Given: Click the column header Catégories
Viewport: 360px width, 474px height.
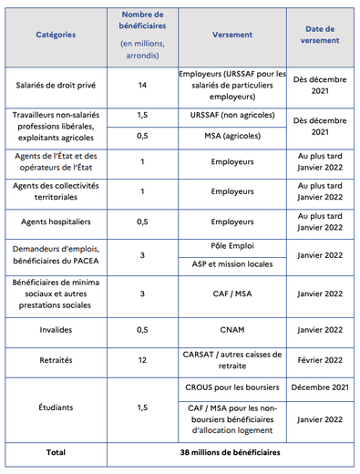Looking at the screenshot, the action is click(x=56, y=35).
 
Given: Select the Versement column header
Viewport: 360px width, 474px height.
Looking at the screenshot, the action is click(x=232, y=35).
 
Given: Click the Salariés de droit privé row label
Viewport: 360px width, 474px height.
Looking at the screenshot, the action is click(x=56, y=85).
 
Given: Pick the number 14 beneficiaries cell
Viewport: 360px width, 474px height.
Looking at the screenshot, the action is click(x=142, y=85).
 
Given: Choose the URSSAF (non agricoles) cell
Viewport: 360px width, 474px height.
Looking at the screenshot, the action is click(x=232, y=116).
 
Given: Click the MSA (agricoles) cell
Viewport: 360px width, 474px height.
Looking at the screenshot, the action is click(x=232, y=136).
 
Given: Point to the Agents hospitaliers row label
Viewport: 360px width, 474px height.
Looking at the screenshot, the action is click(x=56, y=221).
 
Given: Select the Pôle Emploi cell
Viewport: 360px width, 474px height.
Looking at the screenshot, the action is click(x=232, y=245).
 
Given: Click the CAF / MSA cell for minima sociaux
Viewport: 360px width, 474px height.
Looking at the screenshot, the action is click(x=232, y=294).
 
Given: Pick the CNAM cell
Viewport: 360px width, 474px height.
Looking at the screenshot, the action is click(x=232, y=329).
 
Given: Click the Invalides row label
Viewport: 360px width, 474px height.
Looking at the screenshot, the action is click(x=56, y=329).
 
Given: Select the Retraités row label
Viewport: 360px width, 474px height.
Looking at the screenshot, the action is click(x=56, y=360).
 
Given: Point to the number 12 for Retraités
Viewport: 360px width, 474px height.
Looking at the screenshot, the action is click(x=142, y=360).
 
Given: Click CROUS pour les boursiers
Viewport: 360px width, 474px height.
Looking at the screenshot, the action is click(x=232, y=387).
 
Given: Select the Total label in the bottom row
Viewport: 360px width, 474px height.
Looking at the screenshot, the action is click(x=56, y=451).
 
